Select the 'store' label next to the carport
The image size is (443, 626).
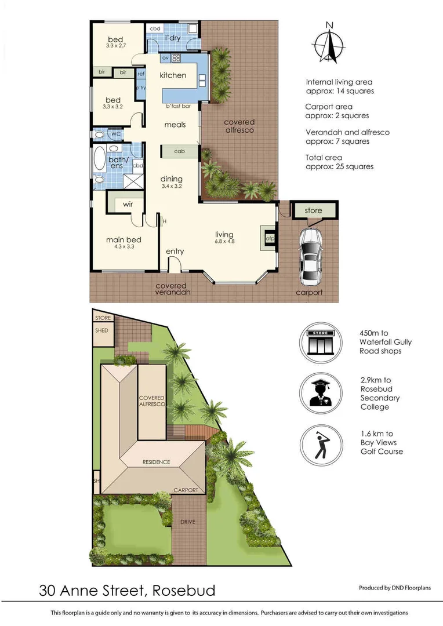[313, 210]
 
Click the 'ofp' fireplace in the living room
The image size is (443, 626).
[269, 238]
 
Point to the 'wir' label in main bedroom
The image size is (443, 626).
[128, 205]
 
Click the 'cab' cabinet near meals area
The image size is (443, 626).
[180, 151]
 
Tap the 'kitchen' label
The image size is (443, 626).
[173, 75]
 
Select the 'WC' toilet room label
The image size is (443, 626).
[115, 134]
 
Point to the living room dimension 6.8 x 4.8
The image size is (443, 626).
[224, 242]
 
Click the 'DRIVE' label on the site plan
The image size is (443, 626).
[187, 522]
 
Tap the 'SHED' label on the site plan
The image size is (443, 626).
[101, 330]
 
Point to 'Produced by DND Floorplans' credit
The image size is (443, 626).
[395, 588]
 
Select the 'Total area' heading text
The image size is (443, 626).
[324, 157]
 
